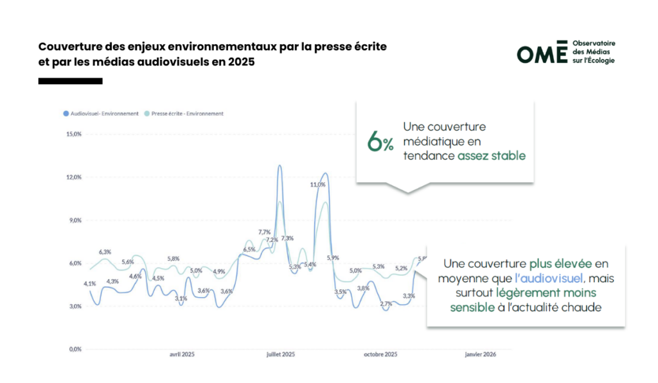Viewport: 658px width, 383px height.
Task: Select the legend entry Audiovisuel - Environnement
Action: [x=101, y=114]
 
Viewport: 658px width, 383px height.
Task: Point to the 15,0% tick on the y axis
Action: [x=73, y=134]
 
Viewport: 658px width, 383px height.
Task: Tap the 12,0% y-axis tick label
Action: [x=73, y=177]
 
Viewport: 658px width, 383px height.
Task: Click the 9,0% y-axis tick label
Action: [x=75, y=220]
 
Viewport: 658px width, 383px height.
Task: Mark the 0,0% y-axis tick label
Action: [x=75, y=349]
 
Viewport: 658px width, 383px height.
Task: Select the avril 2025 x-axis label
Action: [x=182, y=354]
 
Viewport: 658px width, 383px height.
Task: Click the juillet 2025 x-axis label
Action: [x=280, y=354]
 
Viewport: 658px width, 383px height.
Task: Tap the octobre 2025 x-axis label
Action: [x=380, y=354]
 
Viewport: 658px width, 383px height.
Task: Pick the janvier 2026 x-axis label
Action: [x=480, y=354]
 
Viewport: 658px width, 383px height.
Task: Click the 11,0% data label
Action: [x=317, y=184]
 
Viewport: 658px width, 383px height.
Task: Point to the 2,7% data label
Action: [x=386, y=303]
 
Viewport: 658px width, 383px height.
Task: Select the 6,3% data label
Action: [x=105, y=251]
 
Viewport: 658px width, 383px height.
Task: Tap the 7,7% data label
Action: [x=264, y=232]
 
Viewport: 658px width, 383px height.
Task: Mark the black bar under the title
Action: [x=70, y=81]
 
